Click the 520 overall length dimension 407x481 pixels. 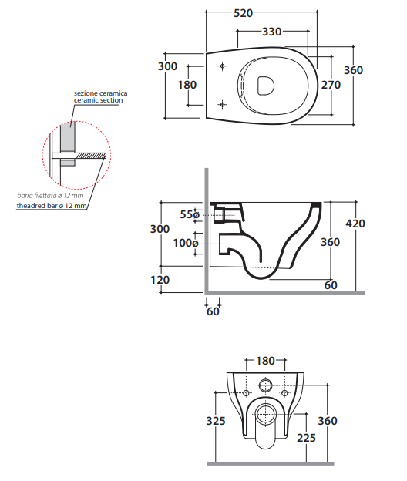point(244,13)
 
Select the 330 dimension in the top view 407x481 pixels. point(272,32)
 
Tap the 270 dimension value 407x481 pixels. point(331,85)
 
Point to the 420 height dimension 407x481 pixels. point(355,224)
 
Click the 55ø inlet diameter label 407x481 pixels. point(190,214)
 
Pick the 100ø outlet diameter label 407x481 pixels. point(186,243)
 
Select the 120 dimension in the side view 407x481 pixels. point(160,280)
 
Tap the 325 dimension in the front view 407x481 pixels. point(216,421)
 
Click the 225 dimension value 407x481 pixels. point(306,438)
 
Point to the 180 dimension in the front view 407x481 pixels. point(265,361)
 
